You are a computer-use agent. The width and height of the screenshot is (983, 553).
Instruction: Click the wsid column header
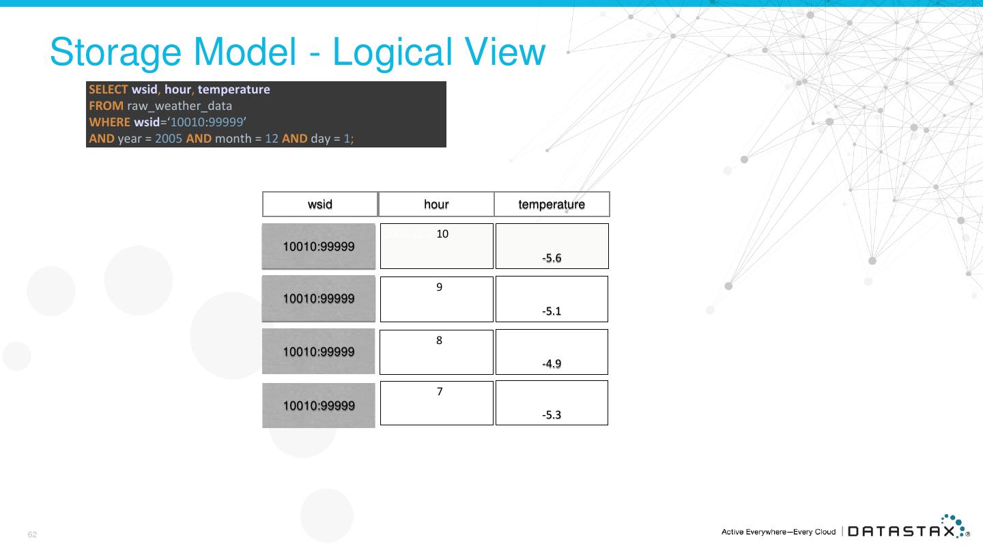[320, 204]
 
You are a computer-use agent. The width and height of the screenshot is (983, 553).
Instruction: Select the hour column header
[436, 204]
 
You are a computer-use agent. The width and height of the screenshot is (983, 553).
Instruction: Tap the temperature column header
[552, 204]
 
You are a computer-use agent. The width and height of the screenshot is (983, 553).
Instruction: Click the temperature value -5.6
[552, 258]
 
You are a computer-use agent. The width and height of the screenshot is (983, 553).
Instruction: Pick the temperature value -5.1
[552, 311]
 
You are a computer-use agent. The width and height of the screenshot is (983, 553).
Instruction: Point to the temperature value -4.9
[552, 364]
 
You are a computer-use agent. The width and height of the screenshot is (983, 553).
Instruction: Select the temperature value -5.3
[552, 415]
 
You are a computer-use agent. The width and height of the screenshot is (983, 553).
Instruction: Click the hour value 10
[442, 234]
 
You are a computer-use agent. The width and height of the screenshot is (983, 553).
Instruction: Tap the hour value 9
[440, 287]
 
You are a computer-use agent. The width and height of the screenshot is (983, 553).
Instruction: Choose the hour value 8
[440, 341]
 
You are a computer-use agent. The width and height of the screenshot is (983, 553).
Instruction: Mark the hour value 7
[440, 392]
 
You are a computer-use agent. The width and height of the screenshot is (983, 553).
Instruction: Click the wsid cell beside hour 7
[319, 406]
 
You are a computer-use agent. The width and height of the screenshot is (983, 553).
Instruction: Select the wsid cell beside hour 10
[319, 246]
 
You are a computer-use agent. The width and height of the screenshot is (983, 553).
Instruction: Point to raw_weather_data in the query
[180, 106]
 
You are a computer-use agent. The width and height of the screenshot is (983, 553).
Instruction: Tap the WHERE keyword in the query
[109, 122]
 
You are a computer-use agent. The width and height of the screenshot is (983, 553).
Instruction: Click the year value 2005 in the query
[169, 139]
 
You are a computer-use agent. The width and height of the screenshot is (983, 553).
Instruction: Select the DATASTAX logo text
[901, 532]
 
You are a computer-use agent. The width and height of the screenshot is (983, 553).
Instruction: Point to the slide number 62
[32, 535]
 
